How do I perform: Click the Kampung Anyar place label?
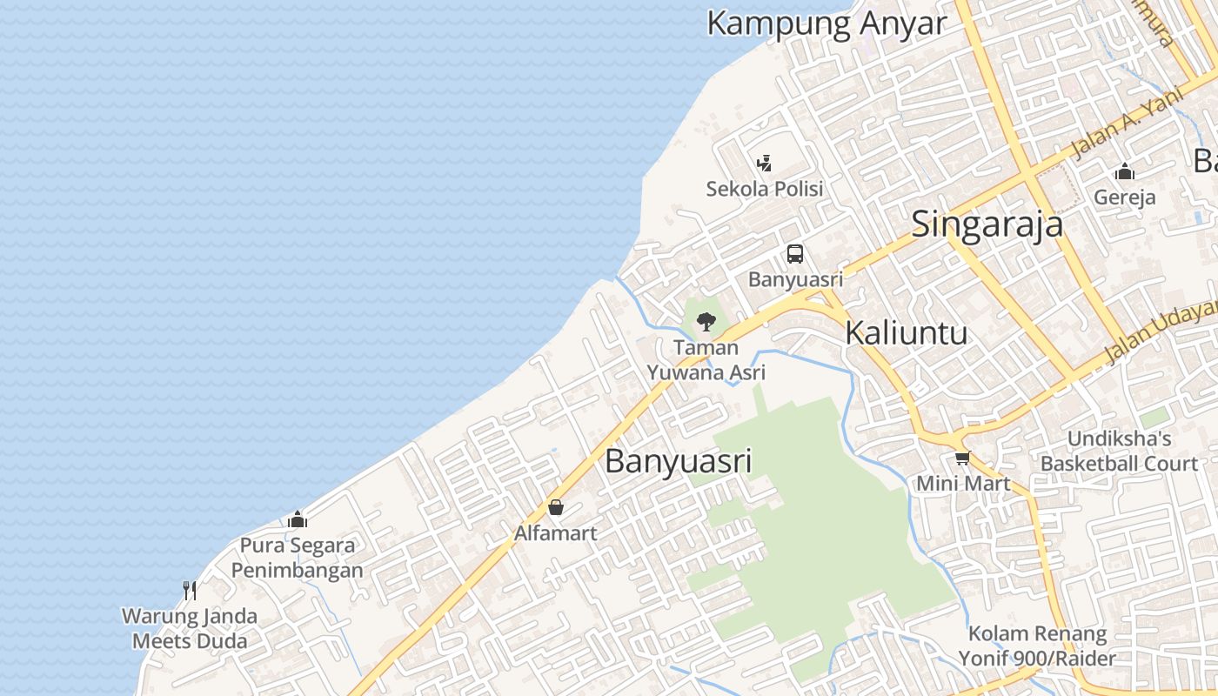[826, 23]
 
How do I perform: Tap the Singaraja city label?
[987, 224]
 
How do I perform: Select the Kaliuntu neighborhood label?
[906, 332]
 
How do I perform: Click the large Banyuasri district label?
[678, 461]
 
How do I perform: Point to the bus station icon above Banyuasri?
[795, 254]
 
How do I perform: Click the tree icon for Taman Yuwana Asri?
[706, 322]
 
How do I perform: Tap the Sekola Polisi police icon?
[764, 163]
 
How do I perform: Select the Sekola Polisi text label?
[764, 189]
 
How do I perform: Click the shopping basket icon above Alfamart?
[555, 507]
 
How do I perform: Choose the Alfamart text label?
[555, 532]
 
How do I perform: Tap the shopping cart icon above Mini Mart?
[962, 458]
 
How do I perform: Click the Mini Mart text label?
[963, 484]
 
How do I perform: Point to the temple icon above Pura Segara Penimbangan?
[298, 520]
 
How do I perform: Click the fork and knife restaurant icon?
[190, 591]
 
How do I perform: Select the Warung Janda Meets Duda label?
[190, 629]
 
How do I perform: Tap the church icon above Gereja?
[1125, 171]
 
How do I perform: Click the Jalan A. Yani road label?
[1128, 123]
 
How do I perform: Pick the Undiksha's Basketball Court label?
[1119, 451]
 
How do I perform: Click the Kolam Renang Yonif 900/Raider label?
[1037, 646]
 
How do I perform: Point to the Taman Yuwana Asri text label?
[706, 360]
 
